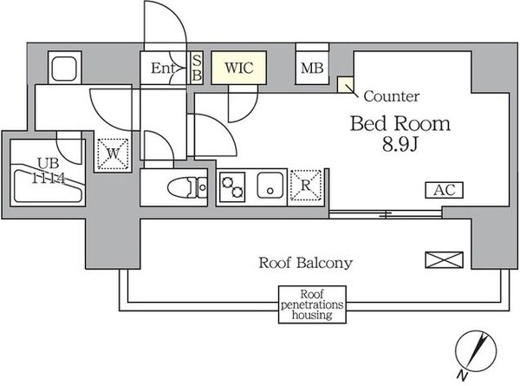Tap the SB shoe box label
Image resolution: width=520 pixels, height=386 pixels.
197,68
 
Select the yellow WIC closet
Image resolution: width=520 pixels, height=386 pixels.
237,68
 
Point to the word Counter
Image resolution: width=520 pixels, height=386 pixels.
392,96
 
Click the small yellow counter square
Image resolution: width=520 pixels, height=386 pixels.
346,84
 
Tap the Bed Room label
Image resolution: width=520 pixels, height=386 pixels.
400,123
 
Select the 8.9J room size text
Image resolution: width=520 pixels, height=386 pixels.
400,146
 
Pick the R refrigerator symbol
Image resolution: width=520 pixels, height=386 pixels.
305,185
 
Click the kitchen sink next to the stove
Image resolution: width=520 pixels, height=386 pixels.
270,186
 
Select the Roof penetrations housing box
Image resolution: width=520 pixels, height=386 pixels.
311,304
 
